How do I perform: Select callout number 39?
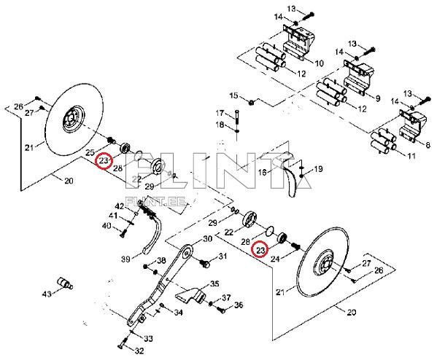125,259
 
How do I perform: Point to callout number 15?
234,96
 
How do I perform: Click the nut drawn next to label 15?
250,101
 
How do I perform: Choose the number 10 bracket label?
319,63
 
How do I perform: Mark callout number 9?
377,98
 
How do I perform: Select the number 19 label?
318,170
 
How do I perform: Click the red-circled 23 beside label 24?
260,250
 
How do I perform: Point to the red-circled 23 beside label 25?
104,160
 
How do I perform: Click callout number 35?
214,283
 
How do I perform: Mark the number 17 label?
220,113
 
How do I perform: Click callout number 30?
207,239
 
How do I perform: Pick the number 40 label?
106,226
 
